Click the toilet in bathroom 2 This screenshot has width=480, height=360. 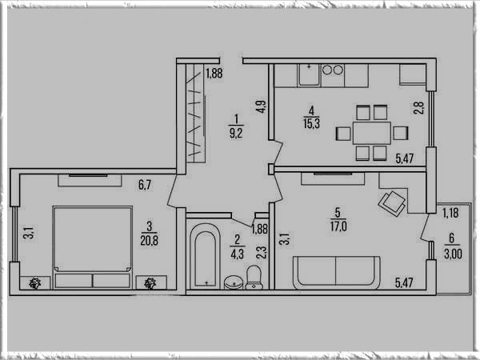(254, 278)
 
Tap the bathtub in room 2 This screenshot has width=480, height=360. (205, 257)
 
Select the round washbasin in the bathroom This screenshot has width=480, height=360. (234, 282)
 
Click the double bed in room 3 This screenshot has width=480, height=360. (93, 247)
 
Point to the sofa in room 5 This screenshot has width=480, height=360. (337, 273)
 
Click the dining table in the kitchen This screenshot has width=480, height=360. (372, 133)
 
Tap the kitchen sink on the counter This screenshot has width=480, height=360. (309, 75)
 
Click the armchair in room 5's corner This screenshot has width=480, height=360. (392, 203)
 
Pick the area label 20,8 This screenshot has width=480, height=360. (150, 241)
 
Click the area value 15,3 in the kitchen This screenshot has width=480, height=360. (312, 124)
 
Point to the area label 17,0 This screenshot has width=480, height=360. (338, 226)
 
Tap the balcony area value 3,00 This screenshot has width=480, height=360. (453, 254)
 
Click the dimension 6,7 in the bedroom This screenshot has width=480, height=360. (145, 185)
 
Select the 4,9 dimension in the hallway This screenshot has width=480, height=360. (262, 106)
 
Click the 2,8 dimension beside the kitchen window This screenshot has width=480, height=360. (419, 108)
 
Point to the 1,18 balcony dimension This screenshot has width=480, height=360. (450, 213)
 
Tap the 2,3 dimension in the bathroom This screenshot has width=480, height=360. (262, 253)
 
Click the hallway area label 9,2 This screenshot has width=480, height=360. (236, 133)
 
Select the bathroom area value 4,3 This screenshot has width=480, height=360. (238, 254)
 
